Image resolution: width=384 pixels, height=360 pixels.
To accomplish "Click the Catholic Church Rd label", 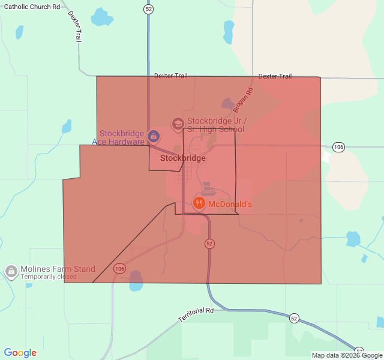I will tap(32, 7).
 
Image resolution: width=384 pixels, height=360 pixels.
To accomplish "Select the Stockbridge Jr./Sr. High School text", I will tap(215, 124).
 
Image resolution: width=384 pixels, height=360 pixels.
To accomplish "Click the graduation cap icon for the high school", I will tap(178, 124).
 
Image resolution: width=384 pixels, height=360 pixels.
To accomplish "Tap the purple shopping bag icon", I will tap(154, 137).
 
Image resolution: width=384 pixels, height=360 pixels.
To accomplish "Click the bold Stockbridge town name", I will tap(183, 158).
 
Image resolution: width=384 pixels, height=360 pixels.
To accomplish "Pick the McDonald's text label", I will tap(230, 204).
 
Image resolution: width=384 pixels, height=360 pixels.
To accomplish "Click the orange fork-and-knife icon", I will tap(199, 203).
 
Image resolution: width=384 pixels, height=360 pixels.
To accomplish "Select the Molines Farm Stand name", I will tap(58, 269).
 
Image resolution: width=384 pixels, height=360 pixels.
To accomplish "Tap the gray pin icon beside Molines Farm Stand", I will tap(11, 272).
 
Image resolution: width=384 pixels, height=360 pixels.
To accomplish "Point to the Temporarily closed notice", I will tap(49, 277).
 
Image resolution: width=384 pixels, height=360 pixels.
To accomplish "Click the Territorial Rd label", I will tap(196, 314).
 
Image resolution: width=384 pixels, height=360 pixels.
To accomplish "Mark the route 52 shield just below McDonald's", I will tap(209, 244).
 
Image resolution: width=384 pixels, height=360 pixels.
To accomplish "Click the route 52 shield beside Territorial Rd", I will tap(293, 317).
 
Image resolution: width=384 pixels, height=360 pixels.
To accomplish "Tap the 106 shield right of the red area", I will tap(339, 147).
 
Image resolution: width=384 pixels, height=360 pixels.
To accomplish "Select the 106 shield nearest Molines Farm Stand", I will tap(120, 268).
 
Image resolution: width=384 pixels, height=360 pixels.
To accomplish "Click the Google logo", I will tap(20, 353).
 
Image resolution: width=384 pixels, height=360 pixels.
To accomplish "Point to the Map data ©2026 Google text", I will tap(347, 355).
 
